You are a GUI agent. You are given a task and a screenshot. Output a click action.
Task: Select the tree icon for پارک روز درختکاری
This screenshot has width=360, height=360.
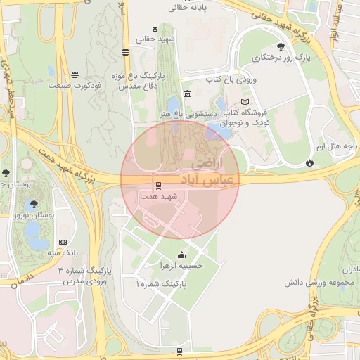(x=281, y=46)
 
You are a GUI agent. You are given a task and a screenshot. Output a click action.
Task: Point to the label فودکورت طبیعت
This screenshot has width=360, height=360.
(x=74, y=85)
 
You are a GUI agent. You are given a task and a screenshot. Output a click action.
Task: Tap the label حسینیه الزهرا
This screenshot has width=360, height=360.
(x=182, y=266)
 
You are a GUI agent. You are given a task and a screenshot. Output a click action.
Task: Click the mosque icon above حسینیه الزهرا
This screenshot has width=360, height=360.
(x=182, y=255)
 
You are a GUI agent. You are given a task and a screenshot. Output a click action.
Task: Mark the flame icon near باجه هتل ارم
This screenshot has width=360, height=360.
(x=310, y=163)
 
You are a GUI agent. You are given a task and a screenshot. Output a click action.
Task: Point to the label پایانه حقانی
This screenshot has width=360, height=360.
(x=186, y=8)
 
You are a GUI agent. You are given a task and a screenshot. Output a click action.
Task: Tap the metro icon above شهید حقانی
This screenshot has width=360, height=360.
(x=155, y=29)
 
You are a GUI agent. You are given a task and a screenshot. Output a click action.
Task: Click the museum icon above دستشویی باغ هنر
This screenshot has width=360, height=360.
(x=186, y=94)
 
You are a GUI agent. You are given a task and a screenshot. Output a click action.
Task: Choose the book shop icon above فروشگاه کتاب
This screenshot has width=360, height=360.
(x=244, y=102)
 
